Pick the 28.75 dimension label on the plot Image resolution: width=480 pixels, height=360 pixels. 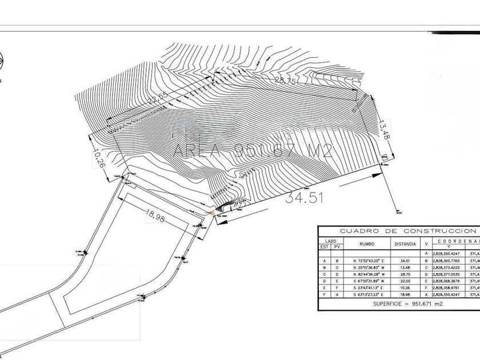click(x=285, y=81)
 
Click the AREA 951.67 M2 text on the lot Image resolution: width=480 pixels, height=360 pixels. click(x=252, y=150)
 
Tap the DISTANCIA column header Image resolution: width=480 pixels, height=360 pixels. click(x=406, y=244)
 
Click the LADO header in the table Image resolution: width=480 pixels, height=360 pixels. click(x=331, y=241)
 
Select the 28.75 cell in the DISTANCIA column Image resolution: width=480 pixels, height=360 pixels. click(x=406, y=273)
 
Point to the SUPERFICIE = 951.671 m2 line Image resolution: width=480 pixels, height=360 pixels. click(x=399, y=304)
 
